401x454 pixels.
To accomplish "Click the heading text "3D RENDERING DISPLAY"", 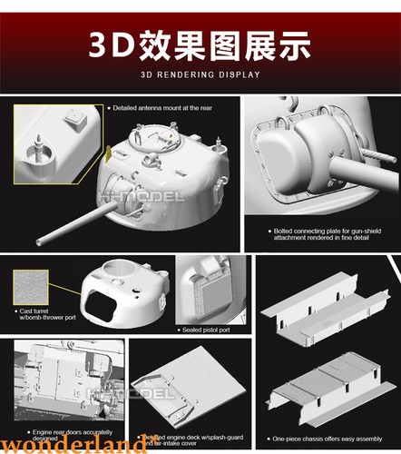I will point(200,74).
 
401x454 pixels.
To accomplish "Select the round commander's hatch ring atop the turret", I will point(146,141).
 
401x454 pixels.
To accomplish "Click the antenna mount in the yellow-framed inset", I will point(40,144).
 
